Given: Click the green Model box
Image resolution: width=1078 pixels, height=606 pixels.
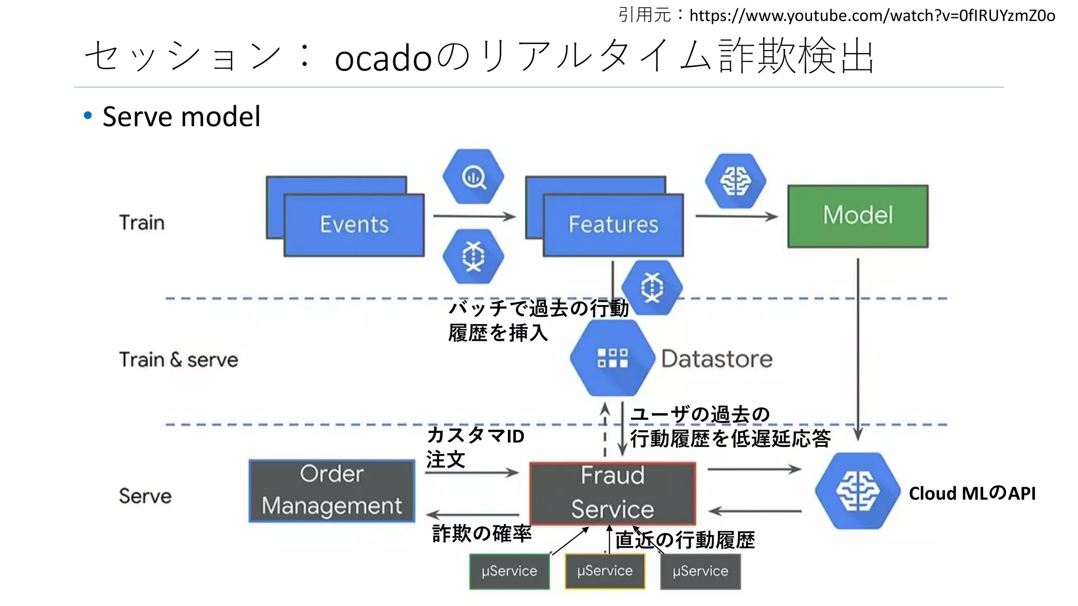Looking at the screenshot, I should (x=857, y=216).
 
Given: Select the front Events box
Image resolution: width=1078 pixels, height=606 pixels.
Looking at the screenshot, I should (x=354, y=225).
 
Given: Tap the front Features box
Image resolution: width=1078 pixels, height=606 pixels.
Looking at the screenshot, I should (x=613, y=225).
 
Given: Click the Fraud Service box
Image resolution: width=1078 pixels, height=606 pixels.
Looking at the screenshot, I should (x=612, y=493).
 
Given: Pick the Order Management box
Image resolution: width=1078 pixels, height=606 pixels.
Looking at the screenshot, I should (x=332, y=491).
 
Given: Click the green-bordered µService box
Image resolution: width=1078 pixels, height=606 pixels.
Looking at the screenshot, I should (x=509, y=571).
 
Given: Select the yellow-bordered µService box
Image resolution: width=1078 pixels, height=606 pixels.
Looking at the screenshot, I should (x=605, y=571).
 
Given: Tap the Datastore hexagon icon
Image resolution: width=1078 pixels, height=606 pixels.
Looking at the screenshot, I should (x=612, y=358).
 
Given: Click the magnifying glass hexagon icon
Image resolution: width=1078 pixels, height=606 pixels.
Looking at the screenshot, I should (x=473, y=177).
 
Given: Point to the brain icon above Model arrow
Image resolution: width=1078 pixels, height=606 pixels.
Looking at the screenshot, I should (x=735, y=181).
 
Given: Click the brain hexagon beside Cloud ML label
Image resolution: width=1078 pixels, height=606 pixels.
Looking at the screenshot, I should (x=857, y=491).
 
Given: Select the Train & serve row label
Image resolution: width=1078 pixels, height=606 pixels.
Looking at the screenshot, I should (x=178, y=360).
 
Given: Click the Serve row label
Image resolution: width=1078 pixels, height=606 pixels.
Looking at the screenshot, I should (x=145, y=496).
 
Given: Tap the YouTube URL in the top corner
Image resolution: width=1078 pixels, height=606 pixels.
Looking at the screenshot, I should (x=872, y=15).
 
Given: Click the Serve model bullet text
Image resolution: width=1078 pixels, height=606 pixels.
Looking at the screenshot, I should (x=181, y=117).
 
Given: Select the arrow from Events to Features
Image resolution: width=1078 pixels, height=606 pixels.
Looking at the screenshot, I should (x=474, y=216).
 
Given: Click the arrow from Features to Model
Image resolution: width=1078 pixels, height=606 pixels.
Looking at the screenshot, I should (x=736, y=216).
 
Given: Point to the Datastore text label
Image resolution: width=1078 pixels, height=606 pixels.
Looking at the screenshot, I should (x=716, y=359).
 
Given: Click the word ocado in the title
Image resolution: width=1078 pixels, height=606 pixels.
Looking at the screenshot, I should (x=383, y=58).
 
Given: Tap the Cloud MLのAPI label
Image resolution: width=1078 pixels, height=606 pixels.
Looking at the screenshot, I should (x=972, y=493).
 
